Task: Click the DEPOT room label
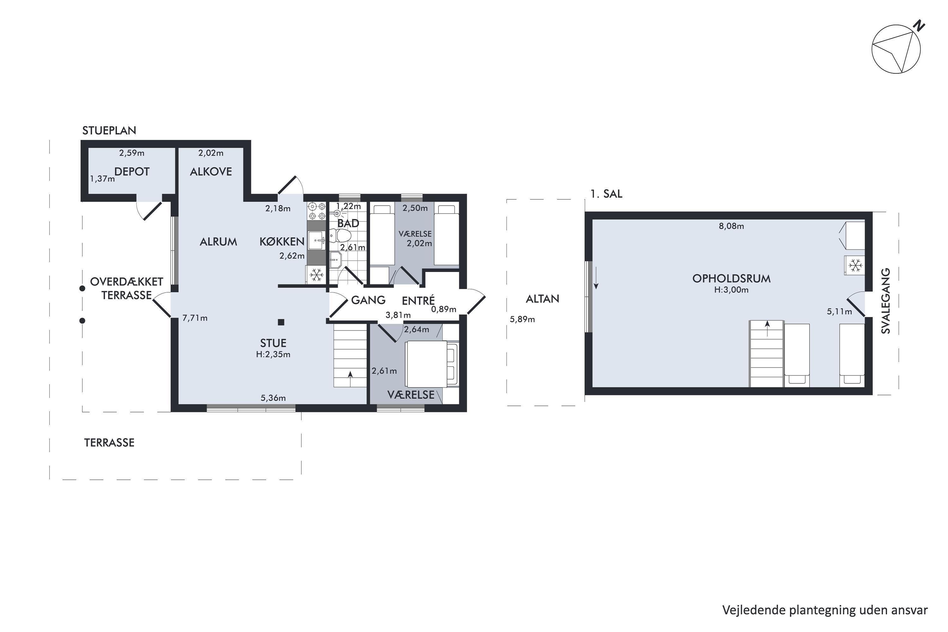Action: point(132,172)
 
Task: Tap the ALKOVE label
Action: point(211,172)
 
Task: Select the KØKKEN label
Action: point(282,242)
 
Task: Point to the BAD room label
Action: point(348,223)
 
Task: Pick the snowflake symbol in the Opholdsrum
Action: point(855,265)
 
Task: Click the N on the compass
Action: point(919,26)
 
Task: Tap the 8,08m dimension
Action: point(731,226)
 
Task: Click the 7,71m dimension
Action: point(195,318)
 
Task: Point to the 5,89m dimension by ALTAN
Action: point(522,319)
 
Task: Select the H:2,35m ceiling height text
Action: point(273,354)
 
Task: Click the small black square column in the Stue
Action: point(281,322)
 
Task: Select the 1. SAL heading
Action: point(606,194)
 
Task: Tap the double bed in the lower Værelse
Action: point(432,364)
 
